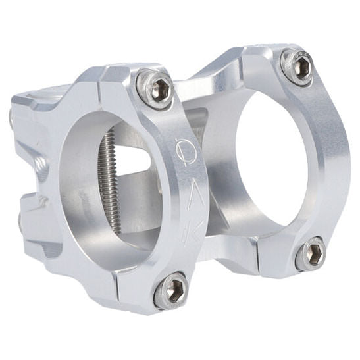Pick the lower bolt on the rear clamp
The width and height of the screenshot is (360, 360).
tap(310, 253)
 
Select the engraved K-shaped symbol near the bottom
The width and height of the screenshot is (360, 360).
tap(192, 233)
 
